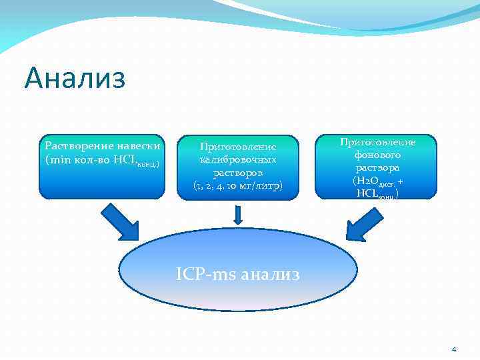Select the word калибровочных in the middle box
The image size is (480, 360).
(x=238, y=159)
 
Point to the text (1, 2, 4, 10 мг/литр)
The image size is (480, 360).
(x=238, y=185)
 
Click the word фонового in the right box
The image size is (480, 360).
(x=377, y=155)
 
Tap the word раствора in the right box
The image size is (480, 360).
(x=377, y=167)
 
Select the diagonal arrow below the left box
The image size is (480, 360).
(x=120, y=221)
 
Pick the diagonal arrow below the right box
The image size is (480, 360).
(x=365, y=221)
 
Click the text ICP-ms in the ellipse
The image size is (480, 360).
(x=204, y=274)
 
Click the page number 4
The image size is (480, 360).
(x=454, y=349)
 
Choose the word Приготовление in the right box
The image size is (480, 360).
(x=377, y=142)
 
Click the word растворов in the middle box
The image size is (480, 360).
(x=238, y=172)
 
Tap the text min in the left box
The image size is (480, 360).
(x=57, y=160)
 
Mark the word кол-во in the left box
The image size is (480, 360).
(x=87, y=160)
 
